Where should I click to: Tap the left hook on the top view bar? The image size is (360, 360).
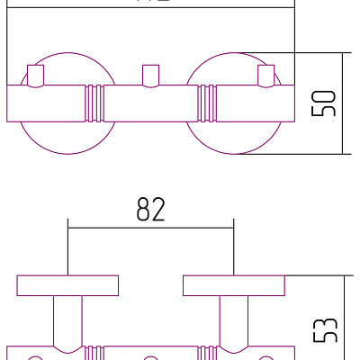pyautogui.click(x=36, y=76)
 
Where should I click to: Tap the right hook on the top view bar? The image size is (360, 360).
pyautogui.click(x=265, y=76)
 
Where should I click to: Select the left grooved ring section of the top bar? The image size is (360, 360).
pyautogui.click(x=94, y=103)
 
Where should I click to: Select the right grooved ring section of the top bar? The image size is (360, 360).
pyautogui.click(x=207, y=103)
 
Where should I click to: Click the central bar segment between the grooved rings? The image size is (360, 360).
pyautogui.click(x=150, y=103)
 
